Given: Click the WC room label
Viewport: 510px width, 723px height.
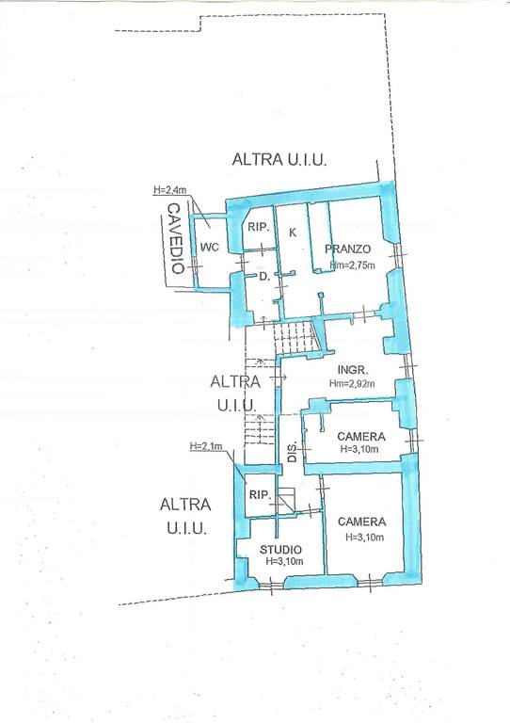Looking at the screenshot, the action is pos(210,247).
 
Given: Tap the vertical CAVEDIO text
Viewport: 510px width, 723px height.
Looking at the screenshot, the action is pos(176,238).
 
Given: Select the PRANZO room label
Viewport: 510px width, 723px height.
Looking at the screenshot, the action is pos(348,249).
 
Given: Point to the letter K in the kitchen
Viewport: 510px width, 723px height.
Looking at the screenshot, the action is pos(293,233).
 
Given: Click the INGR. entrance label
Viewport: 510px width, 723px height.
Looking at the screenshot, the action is pos(353,370).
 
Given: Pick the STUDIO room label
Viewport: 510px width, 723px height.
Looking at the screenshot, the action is pos(280,549).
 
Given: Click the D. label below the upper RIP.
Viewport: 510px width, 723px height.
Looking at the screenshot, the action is pos(264,277).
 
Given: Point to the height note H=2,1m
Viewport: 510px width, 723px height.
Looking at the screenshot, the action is pos(206,446).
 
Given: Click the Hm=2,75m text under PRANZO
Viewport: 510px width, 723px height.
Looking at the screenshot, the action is pos(353,265).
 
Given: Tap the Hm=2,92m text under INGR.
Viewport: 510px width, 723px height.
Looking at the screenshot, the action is pos(352,383).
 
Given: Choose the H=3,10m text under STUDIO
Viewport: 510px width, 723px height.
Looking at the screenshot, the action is pos(285,561).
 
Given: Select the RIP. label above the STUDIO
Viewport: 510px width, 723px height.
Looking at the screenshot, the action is pos(260,495).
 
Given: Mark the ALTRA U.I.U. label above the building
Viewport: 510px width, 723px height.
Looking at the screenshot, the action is pos(279,159).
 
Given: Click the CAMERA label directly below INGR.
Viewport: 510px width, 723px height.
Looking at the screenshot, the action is pos(361,436).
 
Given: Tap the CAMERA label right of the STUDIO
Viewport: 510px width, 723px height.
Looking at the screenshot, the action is pos(361,522).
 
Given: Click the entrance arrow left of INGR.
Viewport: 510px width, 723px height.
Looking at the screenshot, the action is pos(279,378).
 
